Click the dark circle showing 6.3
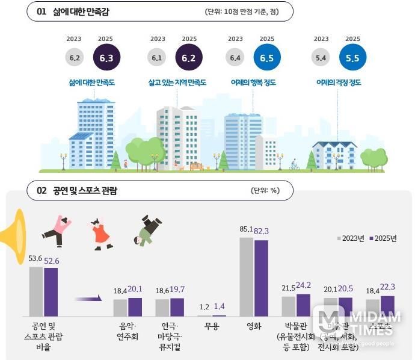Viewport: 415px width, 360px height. pyautogui.click(x=106, y=58)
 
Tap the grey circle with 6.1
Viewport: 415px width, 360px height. pyautogui.click(x=157, y=58)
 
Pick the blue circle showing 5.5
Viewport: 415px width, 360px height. pyautogui.click(x=353, y=58)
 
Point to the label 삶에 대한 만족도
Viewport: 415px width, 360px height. pyautogui.click(x=91, y=82)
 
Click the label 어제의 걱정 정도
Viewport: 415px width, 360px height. pyautogui.click(x=338, y=82)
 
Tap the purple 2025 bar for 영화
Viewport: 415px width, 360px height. pyautogui.click(x=261, y=278)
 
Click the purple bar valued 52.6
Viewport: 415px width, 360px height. pyautogui.click(x=51, y=292)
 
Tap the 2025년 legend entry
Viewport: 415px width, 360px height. pyautogui.click(x=382, y=238)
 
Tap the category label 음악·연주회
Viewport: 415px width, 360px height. pyautogui.click(x=128, y=332)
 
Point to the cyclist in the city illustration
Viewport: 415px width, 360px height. pyautogui.click(x=294, y=164)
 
